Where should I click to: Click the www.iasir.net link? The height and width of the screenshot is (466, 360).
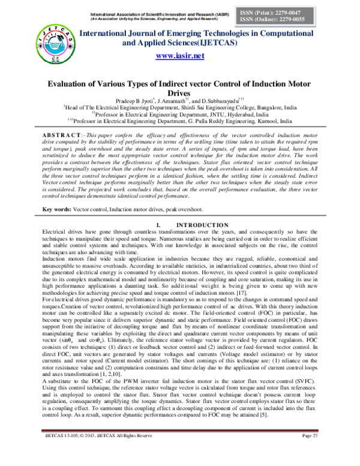pyautogui.click(x=180, y=56)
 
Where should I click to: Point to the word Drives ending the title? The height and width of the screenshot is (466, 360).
pyautogui.click(x=179, y=94)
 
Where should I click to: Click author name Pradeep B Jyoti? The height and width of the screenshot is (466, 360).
pyautogui.click(x=133, y=102)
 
